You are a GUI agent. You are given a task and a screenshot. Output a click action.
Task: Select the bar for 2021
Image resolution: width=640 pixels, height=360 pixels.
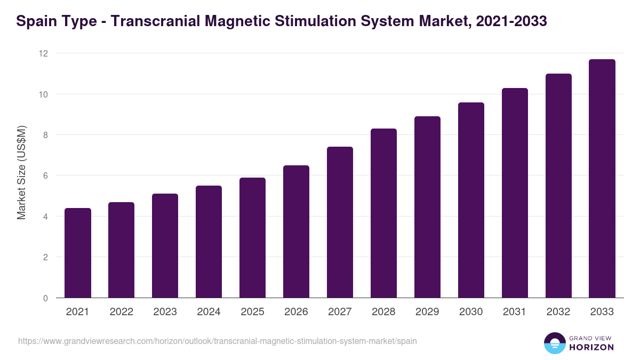click(78, 253)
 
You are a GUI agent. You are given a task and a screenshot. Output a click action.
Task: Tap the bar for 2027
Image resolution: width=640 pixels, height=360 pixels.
click(340, 222)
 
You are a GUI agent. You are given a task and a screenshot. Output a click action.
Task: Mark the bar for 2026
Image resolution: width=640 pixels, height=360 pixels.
click(297, 231)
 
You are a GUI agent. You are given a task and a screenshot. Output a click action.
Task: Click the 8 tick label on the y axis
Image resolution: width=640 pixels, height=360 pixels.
click(45, 135)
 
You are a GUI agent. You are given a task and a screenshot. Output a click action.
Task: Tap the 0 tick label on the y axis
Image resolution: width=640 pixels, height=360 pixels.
click(45, 298)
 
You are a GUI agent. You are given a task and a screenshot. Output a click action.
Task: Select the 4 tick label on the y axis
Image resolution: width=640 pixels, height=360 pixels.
click(45, 217)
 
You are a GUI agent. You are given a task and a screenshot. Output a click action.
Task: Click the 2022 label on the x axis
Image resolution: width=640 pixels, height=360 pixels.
click(122, 312)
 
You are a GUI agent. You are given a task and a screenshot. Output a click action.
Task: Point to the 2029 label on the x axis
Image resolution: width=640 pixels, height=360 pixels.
click(428, 312)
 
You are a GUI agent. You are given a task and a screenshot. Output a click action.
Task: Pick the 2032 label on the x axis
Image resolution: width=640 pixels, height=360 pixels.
click(558, 312)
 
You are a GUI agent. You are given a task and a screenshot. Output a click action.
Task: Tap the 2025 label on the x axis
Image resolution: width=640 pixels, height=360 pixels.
click(253, 312)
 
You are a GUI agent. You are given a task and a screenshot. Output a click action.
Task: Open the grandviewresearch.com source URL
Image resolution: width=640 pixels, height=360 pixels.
click(218, 341)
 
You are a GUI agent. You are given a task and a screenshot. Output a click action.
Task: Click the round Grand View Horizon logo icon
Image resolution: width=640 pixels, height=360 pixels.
click(555, 343)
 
